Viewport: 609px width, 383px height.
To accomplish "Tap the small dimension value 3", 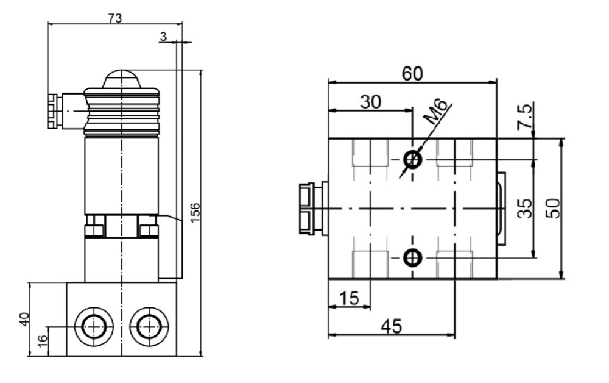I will pyautogui.click(x=163, y=37).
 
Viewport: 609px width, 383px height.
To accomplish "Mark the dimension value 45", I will pyautogui.click(x=391, y=327).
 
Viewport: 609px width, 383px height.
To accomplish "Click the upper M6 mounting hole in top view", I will pyautogui.click(x=413, y=160).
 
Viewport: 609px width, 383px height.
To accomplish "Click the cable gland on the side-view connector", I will pyautogui.click(x=52, y=110).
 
